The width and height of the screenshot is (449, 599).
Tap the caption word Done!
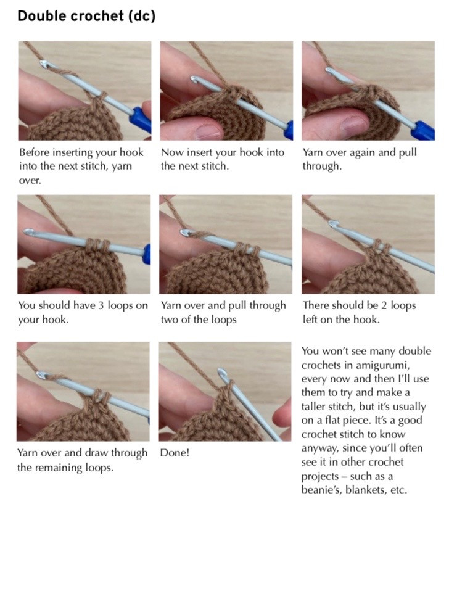point(175,453)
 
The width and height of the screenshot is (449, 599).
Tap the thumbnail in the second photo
point(208,131)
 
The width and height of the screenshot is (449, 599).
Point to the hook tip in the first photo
point(43,64)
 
